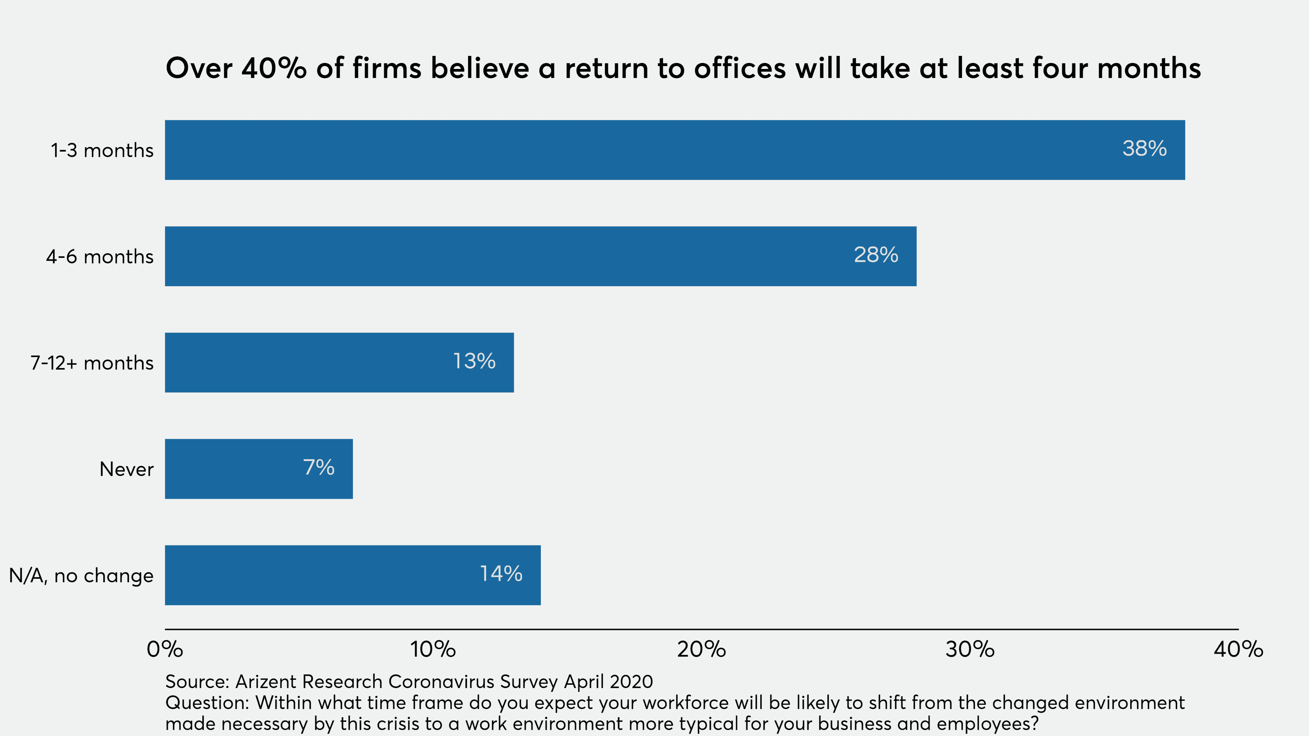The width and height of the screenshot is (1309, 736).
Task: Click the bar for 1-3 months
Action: pyautogui.click(x=675, y=150)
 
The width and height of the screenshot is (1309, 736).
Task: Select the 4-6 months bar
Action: pyautogui.click(x=541, y=256)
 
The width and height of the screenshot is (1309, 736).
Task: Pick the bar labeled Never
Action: pyautogui.click(x=259, y=469)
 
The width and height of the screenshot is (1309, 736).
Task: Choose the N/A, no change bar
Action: pyautogui.click(x=353, y=575)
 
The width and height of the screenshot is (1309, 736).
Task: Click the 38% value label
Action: pyautogui.click(x=1144, y=148)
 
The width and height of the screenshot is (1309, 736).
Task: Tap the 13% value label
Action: pyautogui.click(x=474, y=361)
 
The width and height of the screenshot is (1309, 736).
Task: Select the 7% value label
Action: pyautogui.click(x=319, y=467)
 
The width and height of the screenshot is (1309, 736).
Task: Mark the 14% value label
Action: pyautogui.click(x=501, y=573)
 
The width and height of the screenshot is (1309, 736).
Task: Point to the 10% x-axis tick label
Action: pyautogui.click(x=433, y=649)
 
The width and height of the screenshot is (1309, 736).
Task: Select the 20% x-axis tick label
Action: pyautogui.click(x=701, y=649)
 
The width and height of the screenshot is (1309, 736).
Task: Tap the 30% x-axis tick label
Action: pyautogui.click(x=970, y=649)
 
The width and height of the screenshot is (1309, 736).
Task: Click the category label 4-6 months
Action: pyautogui.click(x=100, y=256)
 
